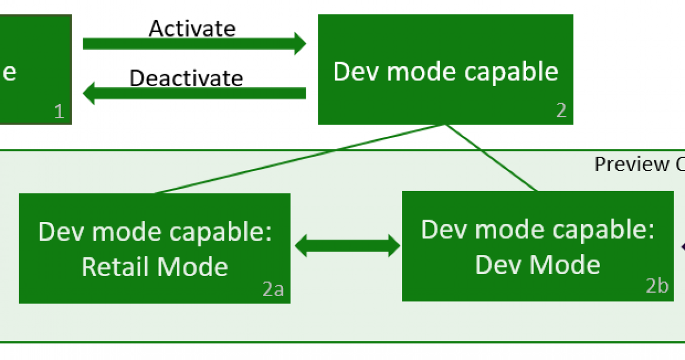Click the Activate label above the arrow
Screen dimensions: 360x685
[x=192, y=28]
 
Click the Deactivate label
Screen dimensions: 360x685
[x=186, y=78]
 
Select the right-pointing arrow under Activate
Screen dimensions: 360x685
[x=194, y=43]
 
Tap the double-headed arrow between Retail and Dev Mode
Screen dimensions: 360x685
[x=347, y=245]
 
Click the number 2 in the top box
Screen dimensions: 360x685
[x=561, y=111]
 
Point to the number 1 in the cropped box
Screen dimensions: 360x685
[x=59, y=111]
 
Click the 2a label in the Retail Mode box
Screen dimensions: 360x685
[x=273, y=290]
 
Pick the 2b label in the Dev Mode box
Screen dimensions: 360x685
[x=656, y=286]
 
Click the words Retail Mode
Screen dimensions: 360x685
[x=155, y=267]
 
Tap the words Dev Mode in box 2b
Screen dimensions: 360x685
[x=537, y=265]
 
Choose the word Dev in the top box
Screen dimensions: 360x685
[x=351, y=72]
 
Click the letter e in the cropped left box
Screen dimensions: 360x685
[x=9, y=73]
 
